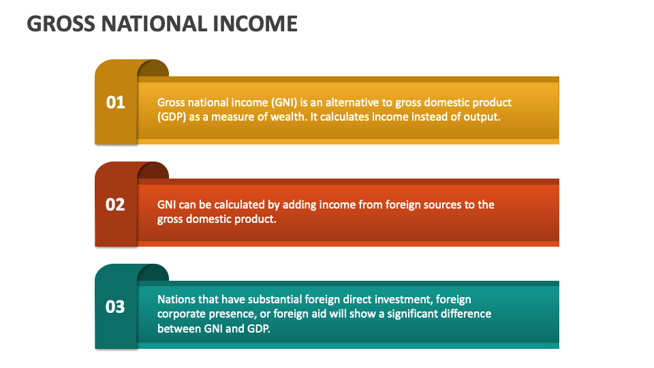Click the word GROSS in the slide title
click(x=59, y=24)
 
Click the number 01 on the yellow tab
click(x=116, y=102)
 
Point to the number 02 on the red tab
click(x=116, y=204)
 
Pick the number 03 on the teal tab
click(x=116, y=307)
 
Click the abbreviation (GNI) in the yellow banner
click(x=284, y=102)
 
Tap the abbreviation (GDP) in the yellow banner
click(x=172, y=117)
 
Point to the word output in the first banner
click(x=482, y=117)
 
